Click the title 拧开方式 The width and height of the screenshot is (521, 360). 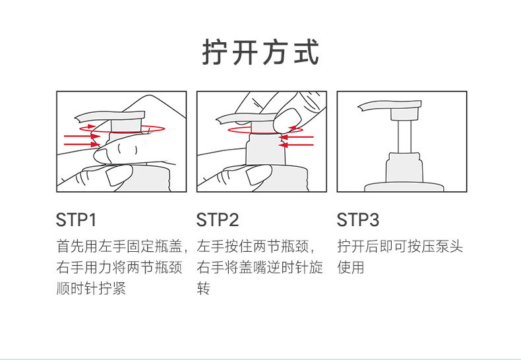coord(260,52)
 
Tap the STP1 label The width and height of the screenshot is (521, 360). coord(76,220)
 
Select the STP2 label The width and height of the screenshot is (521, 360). coord(218,220)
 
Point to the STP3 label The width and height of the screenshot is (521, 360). coord(358,220)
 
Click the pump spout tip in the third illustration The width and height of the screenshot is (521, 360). coord(360,107)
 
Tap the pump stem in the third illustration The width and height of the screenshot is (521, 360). coord(405,136)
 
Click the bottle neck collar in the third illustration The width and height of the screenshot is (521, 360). coord(405,167)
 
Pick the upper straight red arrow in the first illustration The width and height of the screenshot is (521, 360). coord(82,136)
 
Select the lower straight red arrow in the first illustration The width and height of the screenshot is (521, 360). coord(82,144)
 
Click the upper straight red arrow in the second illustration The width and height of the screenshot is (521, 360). coord(296,137)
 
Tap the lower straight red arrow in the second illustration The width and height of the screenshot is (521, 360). coord(296,145)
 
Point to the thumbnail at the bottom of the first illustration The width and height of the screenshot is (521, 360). coord(119,175)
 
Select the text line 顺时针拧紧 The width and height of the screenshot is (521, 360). coord(91,288)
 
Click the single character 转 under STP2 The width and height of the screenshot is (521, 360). coord(203,288)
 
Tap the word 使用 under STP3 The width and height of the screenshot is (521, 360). coord(351,267)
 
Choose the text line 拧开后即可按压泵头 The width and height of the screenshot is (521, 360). coord(400,247)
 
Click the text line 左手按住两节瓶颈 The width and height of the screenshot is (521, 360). coord(253,247)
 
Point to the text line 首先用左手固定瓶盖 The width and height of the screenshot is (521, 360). coord(119,247)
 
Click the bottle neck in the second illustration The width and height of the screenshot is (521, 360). coord(266,150)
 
